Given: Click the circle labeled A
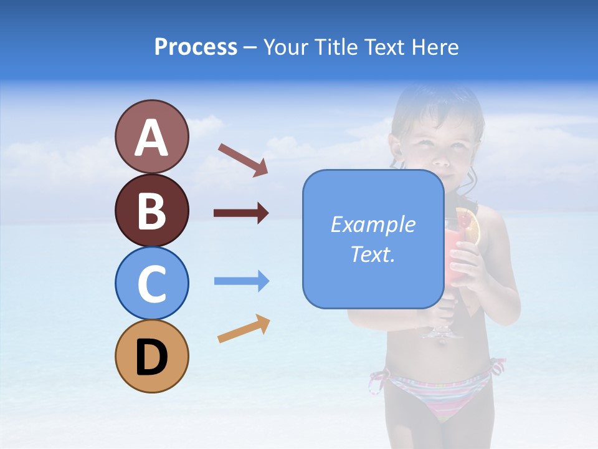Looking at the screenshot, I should pos(151,137).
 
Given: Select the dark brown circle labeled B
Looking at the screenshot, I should pos(151,210).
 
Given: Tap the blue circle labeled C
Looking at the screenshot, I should pos(151,283).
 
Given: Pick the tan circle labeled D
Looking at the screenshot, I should pos(151,356).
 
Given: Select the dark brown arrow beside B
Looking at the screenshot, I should pos(241,213).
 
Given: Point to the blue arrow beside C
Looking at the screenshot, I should pos(242,281).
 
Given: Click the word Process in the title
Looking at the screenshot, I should pos(196,47).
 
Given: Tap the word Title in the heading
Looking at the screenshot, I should pos(336,47).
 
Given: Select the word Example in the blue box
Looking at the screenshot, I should pos(373,224).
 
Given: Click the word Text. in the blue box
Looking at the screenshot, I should pos(373,254).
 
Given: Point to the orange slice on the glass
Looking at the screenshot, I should pos(471,226).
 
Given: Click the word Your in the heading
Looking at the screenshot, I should pos(287,47).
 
